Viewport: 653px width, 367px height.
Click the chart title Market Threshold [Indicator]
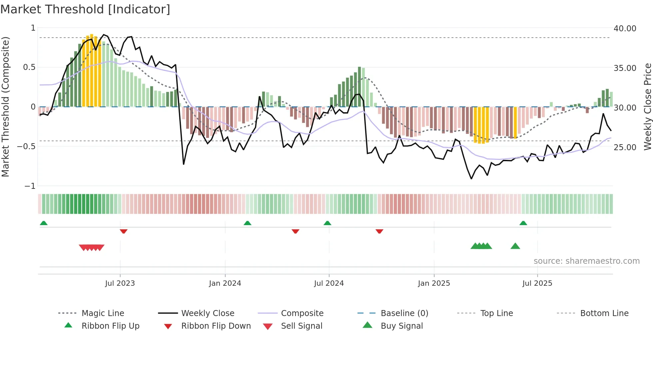click(x=85, y=9)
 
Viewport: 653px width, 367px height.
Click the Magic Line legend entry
click(x=103, y=313)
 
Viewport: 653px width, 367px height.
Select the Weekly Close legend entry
click(x=208, y=313)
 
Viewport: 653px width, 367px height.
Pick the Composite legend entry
click(x=302, y=313)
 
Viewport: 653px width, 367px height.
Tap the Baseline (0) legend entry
click(x=404, y=313)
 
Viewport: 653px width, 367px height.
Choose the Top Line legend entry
click(x=496, y=313)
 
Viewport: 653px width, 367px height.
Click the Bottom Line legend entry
click(x=604, y=313)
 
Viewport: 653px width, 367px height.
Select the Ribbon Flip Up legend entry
click(x=110, y=326)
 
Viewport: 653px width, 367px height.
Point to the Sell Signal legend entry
click(x=302, y=326)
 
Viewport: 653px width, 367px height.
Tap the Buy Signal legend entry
click(x=401, y=326)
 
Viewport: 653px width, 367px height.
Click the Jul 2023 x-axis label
click(x=120, y=283)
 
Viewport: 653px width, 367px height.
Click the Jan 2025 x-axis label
click(x=434, y=283)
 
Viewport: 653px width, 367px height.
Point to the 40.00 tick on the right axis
click(x=625, y=29)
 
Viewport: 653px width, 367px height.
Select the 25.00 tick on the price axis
click(x=625, y=147)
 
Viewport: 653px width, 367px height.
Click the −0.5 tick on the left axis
click(x=26, y=147)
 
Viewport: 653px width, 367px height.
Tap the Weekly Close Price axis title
click(x=647, y=107)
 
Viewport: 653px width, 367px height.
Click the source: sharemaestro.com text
click(x=586, y=261)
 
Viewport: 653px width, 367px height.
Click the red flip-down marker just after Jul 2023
click(x=124, y=231)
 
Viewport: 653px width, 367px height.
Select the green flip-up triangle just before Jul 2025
click(x=523, y=223)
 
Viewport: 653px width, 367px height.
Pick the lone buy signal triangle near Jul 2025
click(x=515, y=246)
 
